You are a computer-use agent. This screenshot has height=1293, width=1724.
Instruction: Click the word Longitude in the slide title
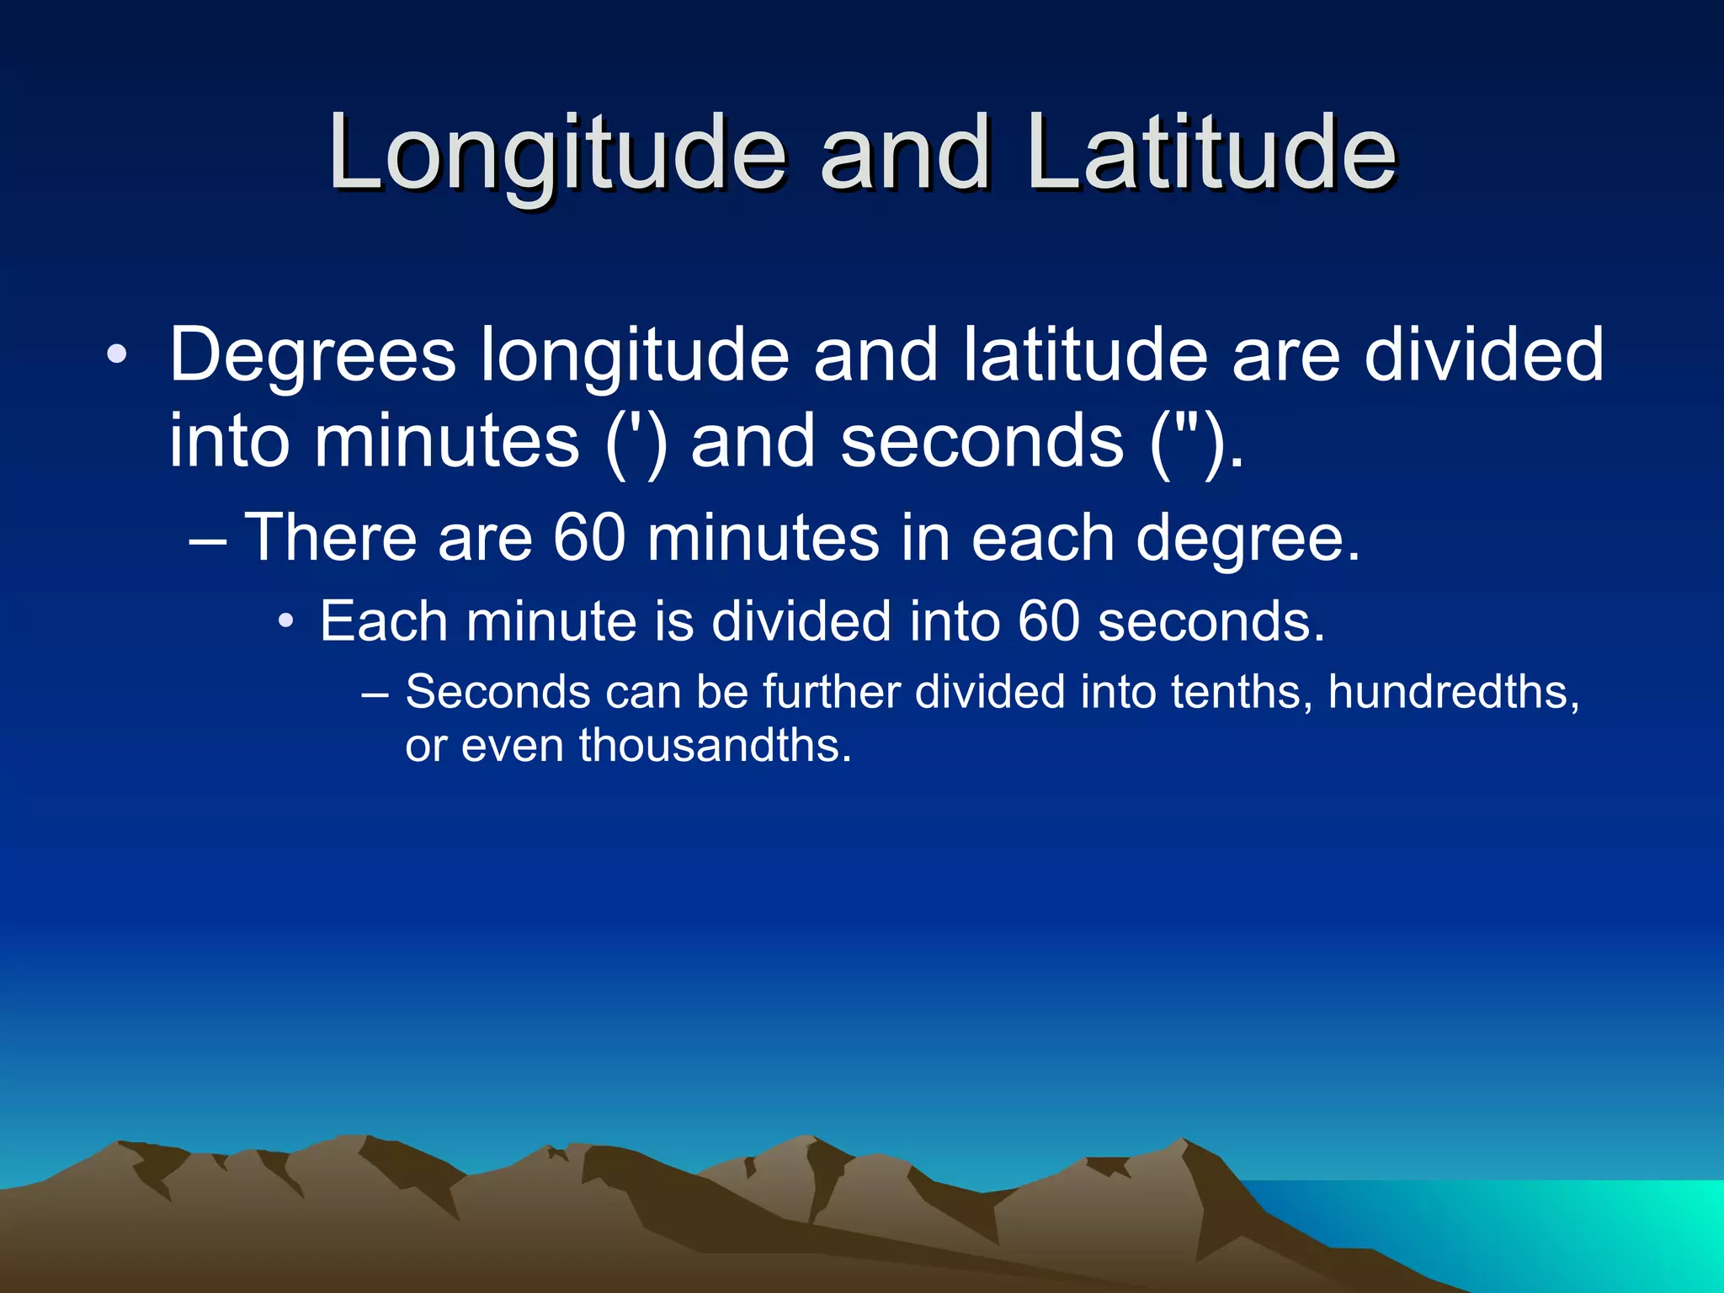point(556,156)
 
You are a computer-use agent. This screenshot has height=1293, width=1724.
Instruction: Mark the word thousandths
point(716,746)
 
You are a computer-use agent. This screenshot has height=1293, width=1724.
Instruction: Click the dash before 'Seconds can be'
point(375,694)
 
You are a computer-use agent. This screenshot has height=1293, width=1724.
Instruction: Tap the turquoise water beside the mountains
point(1557,1229)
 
